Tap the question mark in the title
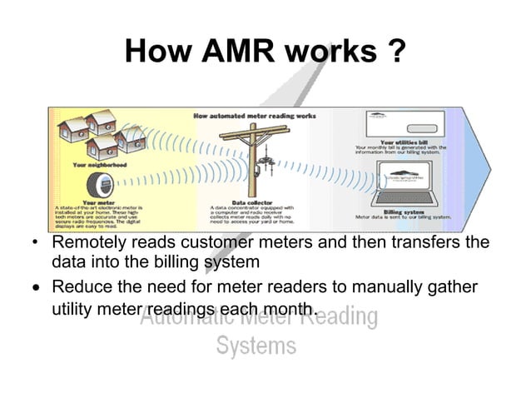(x=396, y=52)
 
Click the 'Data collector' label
(x=250, y=201)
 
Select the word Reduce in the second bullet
(x=81, y=287)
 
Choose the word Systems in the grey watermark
(x=256, y=345)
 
